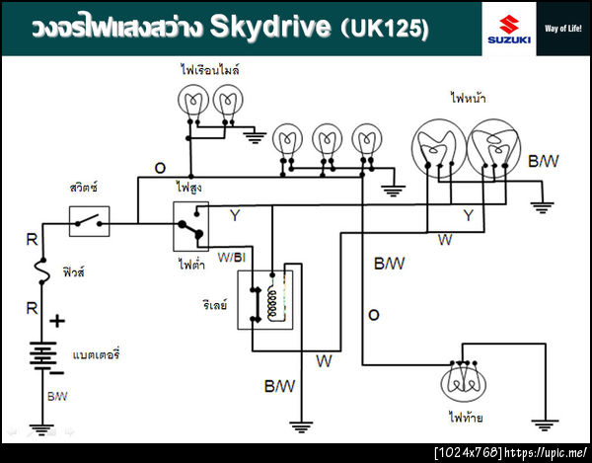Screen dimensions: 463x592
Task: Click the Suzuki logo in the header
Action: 508,28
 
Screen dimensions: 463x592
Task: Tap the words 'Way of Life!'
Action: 564,28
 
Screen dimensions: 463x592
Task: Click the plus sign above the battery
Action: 57,321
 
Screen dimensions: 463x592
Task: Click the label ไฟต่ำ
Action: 189,264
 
